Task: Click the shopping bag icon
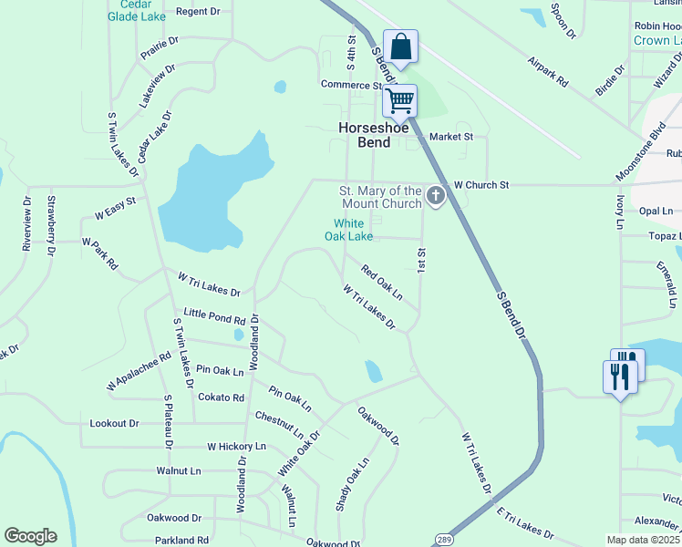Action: click(x=400, y=46)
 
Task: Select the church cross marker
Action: click(x=436, y=194)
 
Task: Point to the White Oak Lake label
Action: click(x=348, y=229)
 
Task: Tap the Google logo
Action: click(x=30, y=536)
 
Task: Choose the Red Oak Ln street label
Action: click(x=382, y=282)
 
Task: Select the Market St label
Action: click(x=452, y=137)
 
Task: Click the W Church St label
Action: click(x=480, y=185)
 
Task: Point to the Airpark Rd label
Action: click(x=548, y=71)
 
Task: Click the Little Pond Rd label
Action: click(x=214, y=316)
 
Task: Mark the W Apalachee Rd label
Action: click(x=139, y=373)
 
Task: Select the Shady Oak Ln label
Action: click(x=352, y=484)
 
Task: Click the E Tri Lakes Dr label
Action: click(x=525, y=522)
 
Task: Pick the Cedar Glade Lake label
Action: click(x=137, y=11)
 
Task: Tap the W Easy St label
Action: click(x=115, y=208)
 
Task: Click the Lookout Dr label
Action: click(x=114, y=423)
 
